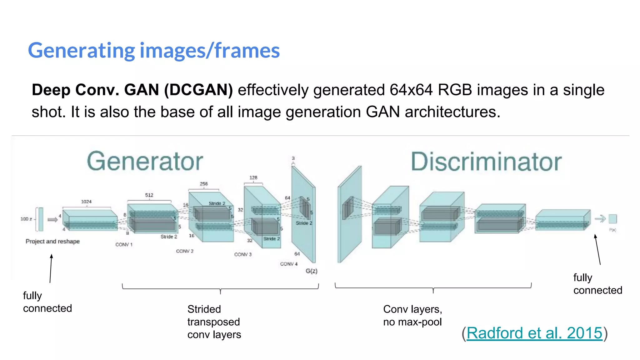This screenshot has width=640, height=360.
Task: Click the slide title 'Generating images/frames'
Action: tap(154, 51)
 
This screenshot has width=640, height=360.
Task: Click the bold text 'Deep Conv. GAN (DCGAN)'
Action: tap(132, 90)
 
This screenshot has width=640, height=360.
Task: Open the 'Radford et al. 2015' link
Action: tap(534, 333)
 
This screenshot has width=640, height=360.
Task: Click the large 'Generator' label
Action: tap(145, 162)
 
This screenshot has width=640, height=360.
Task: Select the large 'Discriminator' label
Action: tap(486, 162)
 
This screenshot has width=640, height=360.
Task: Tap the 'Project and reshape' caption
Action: tap(52, 241)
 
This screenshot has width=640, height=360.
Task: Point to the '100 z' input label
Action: tap(26, 219)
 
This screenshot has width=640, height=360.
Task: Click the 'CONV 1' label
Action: tap(124, 244)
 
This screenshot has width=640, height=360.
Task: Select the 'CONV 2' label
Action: tap(185, 251)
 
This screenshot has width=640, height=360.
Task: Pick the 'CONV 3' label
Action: tap(243, 254)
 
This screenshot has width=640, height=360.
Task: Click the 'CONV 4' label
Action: tap(289, 264)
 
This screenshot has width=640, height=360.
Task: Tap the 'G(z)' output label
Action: tap(311, 271)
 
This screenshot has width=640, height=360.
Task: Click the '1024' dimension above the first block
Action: tap(86, 202)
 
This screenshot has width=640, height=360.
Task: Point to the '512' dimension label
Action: tap(149, 195)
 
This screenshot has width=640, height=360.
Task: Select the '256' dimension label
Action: tap(204, 184)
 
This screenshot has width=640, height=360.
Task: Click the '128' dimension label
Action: tap(253, 177)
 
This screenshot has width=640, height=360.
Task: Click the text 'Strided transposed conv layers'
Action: tap(214, 322)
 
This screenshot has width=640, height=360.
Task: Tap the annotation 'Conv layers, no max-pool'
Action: tap(412, 315)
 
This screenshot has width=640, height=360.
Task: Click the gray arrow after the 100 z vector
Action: tap(52, 220)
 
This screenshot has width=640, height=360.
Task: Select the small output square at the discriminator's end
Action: tap(613, 219)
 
